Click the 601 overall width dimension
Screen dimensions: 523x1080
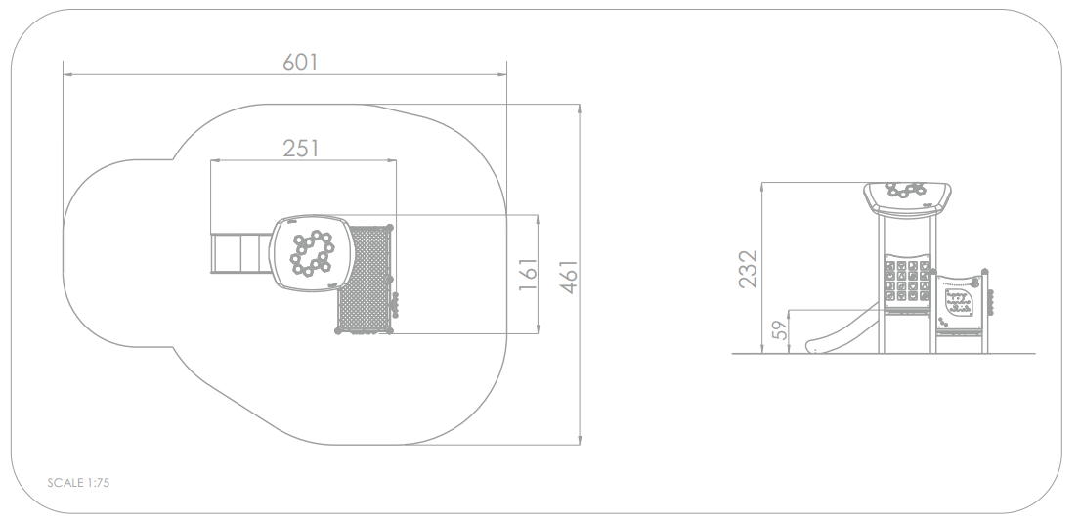301,62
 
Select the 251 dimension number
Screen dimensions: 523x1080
302,149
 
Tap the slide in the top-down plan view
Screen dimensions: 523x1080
239,253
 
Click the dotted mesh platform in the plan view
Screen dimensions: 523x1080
367,279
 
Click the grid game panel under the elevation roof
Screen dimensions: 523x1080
906,283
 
